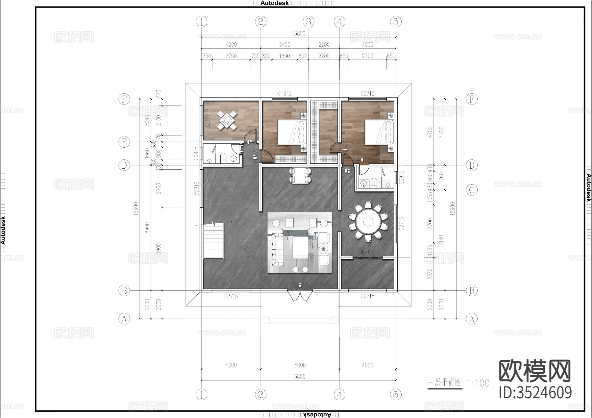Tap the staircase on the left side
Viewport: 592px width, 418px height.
pyautogui.click(x=213, y=241)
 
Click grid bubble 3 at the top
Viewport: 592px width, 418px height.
pyautogui.click(x=308, y=22)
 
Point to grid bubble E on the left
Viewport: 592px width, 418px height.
pyautogui.click(x=124, y=142)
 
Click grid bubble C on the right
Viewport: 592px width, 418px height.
pyautogui.click(x=472, y=190)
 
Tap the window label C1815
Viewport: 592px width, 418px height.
pyautogui.click(x=284, y=94)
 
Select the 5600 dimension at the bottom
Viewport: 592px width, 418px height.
pyautogui.click(x=300, y=365)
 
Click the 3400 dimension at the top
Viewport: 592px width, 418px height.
pyautogui.click(x=284, y=45)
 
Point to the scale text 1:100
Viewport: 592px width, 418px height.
pyautogui.click(x=478, y=383)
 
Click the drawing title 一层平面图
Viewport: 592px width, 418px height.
pyautogui.click(x=444, y=383)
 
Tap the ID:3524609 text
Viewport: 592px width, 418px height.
pyautogui.click(x=535, y=392)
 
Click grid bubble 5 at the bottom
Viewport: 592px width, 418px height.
pyautogui.click(x=396, y=394)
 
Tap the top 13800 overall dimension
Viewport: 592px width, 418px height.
pyautogui.click(x=299, y=33)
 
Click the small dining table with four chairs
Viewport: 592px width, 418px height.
pyautogui.click(x=300, y=176)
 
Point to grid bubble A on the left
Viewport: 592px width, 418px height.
pyautogui.click(x=124, y=318)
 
